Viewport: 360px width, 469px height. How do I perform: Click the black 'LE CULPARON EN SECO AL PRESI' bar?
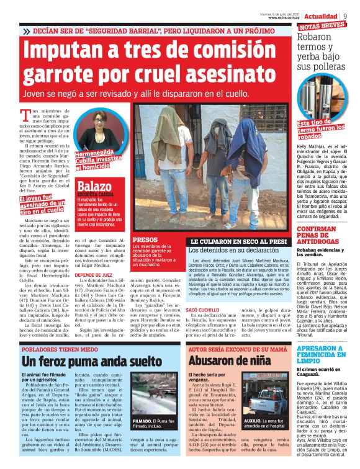coord(238,241)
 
